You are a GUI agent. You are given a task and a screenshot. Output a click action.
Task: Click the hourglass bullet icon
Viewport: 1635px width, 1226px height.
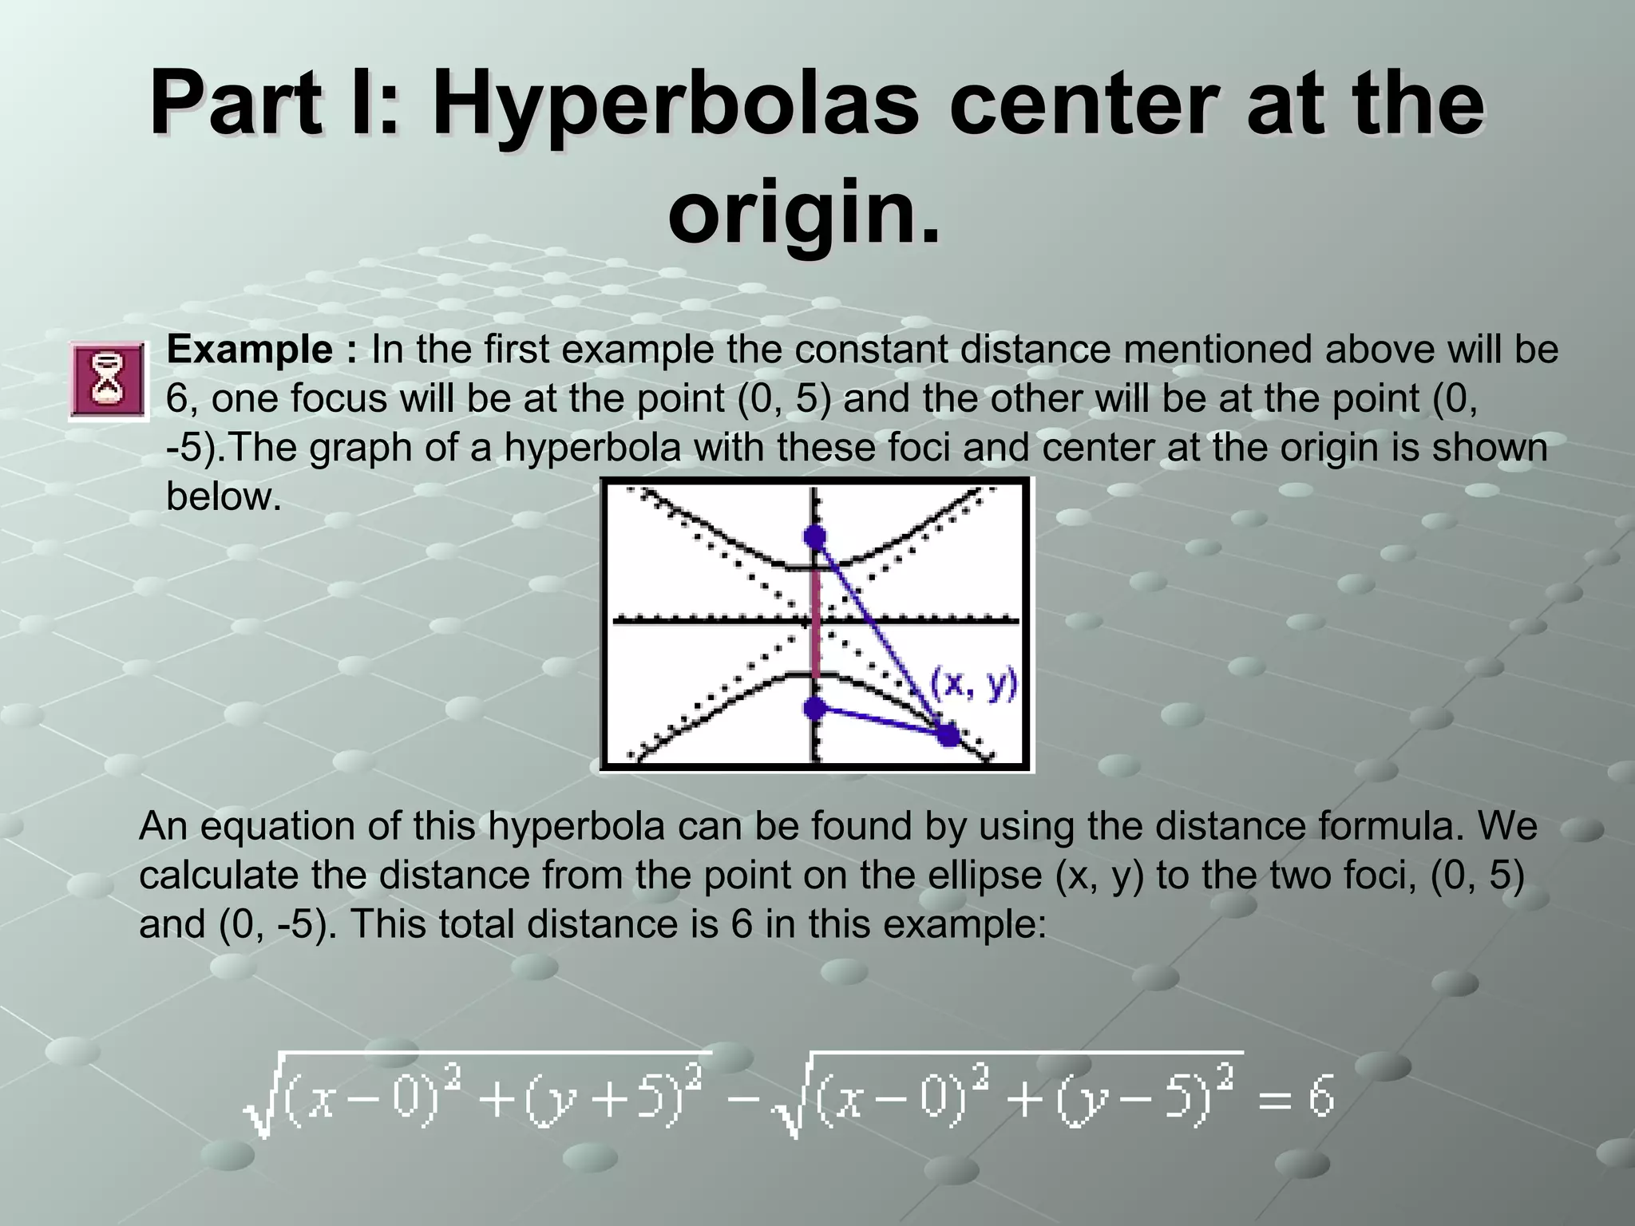108,380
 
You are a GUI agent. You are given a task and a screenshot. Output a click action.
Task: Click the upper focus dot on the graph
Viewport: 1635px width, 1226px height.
814,537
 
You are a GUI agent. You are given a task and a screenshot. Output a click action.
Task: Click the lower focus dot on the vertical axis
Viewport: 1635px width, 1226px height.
814,707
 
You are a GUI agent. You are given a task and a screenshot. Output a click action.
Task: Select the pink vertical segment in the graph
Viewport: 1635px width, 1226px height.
815,623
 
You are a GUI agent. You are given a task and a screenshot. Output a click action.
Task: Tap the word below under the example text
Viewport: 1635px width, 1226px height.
224,496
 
